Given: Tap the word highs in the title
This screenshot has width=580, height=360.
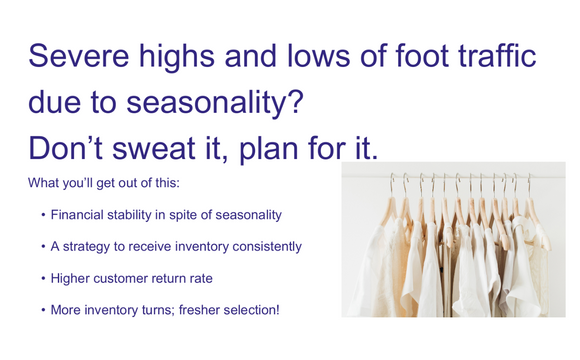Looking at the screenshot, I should coord(190,57).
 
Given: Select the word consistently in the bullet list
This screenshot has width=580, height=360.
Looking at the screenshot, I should coord(264,246).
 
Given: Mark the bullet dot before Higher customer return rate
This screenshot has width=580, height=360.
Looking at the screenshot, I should coord(43,278).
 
